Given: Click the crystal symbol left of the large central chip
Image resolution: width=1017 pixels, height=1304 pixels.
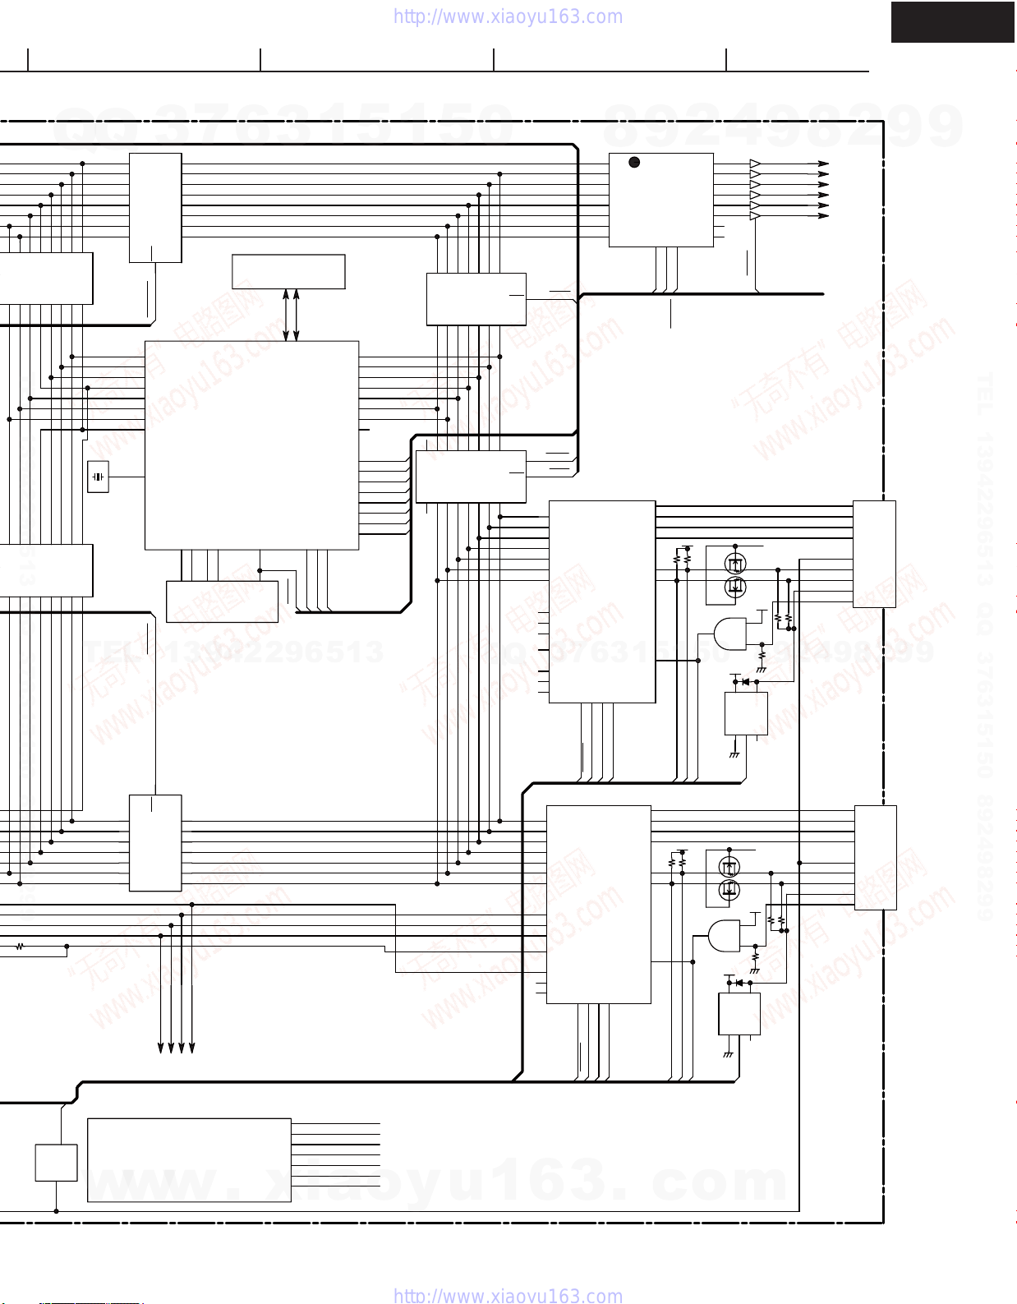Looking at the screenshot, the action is [98, 477].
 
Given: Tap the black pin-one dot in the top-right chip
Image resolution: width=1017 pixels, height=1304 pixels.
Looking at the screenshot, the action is [634, 162].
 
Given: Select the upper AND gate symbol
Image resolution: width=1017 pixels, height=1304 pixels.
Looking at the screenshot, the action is [729, 634].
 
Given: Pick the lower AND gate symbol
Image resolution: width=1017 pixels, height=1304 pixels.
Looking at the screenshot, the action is [724, 935].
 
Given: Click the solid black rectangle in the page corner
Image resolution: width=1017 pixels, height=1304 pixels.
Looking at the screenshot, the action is [953, 22].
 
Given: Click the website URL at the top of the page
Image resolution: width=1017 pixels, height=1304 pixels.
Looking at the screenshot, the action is [508, 16].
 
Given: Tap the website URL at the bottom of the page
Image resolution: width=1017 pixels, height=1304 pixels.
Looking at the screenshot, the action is [508, 1296].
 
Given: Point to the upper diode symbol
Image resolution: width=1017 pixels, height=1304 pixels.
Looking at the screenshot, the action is [745, 681].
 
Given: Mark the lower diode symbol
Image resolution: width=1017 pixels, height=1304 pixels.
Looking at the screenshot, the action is [739, 983].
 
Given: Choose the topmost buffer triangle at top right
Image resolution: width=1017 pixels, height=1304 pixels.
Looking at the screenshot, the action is [755, 164].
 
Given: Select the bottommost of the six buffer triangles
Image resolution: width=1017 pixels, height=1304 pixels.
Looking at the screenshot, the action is [755, 216].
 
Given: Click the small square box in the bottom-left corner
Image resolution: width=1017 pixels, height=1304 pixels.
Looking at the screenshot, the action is [56, 1163].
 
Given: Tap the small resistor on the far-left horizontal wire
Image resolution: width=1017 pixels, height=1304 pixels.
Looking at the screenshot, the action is [20, 947].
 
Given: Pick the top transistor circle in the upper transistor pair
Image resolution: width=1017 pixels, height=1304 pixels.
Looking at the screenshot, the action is [735, 564].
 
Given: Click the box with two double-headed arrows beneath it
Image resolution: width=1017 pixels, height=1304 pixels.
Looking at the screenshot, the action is [288, 271].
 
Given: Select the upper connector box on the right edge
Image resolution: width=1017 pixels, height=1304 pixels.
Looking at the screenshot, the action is [874, 554].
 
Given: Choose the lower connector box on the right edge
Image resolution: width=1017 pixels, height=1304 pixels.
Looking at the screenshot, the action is [875, 857].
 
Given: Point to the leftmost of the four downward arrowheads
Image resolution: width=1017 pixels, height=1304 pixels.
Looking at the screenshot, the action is [161, 1048].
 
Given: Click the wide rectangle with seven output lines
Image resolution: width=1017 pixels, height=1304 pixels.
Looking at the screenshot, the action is [189, 1159].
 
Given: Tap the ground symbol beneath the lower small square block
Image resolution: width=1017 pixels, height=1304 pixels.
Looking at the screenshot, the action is [728, 1054].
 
